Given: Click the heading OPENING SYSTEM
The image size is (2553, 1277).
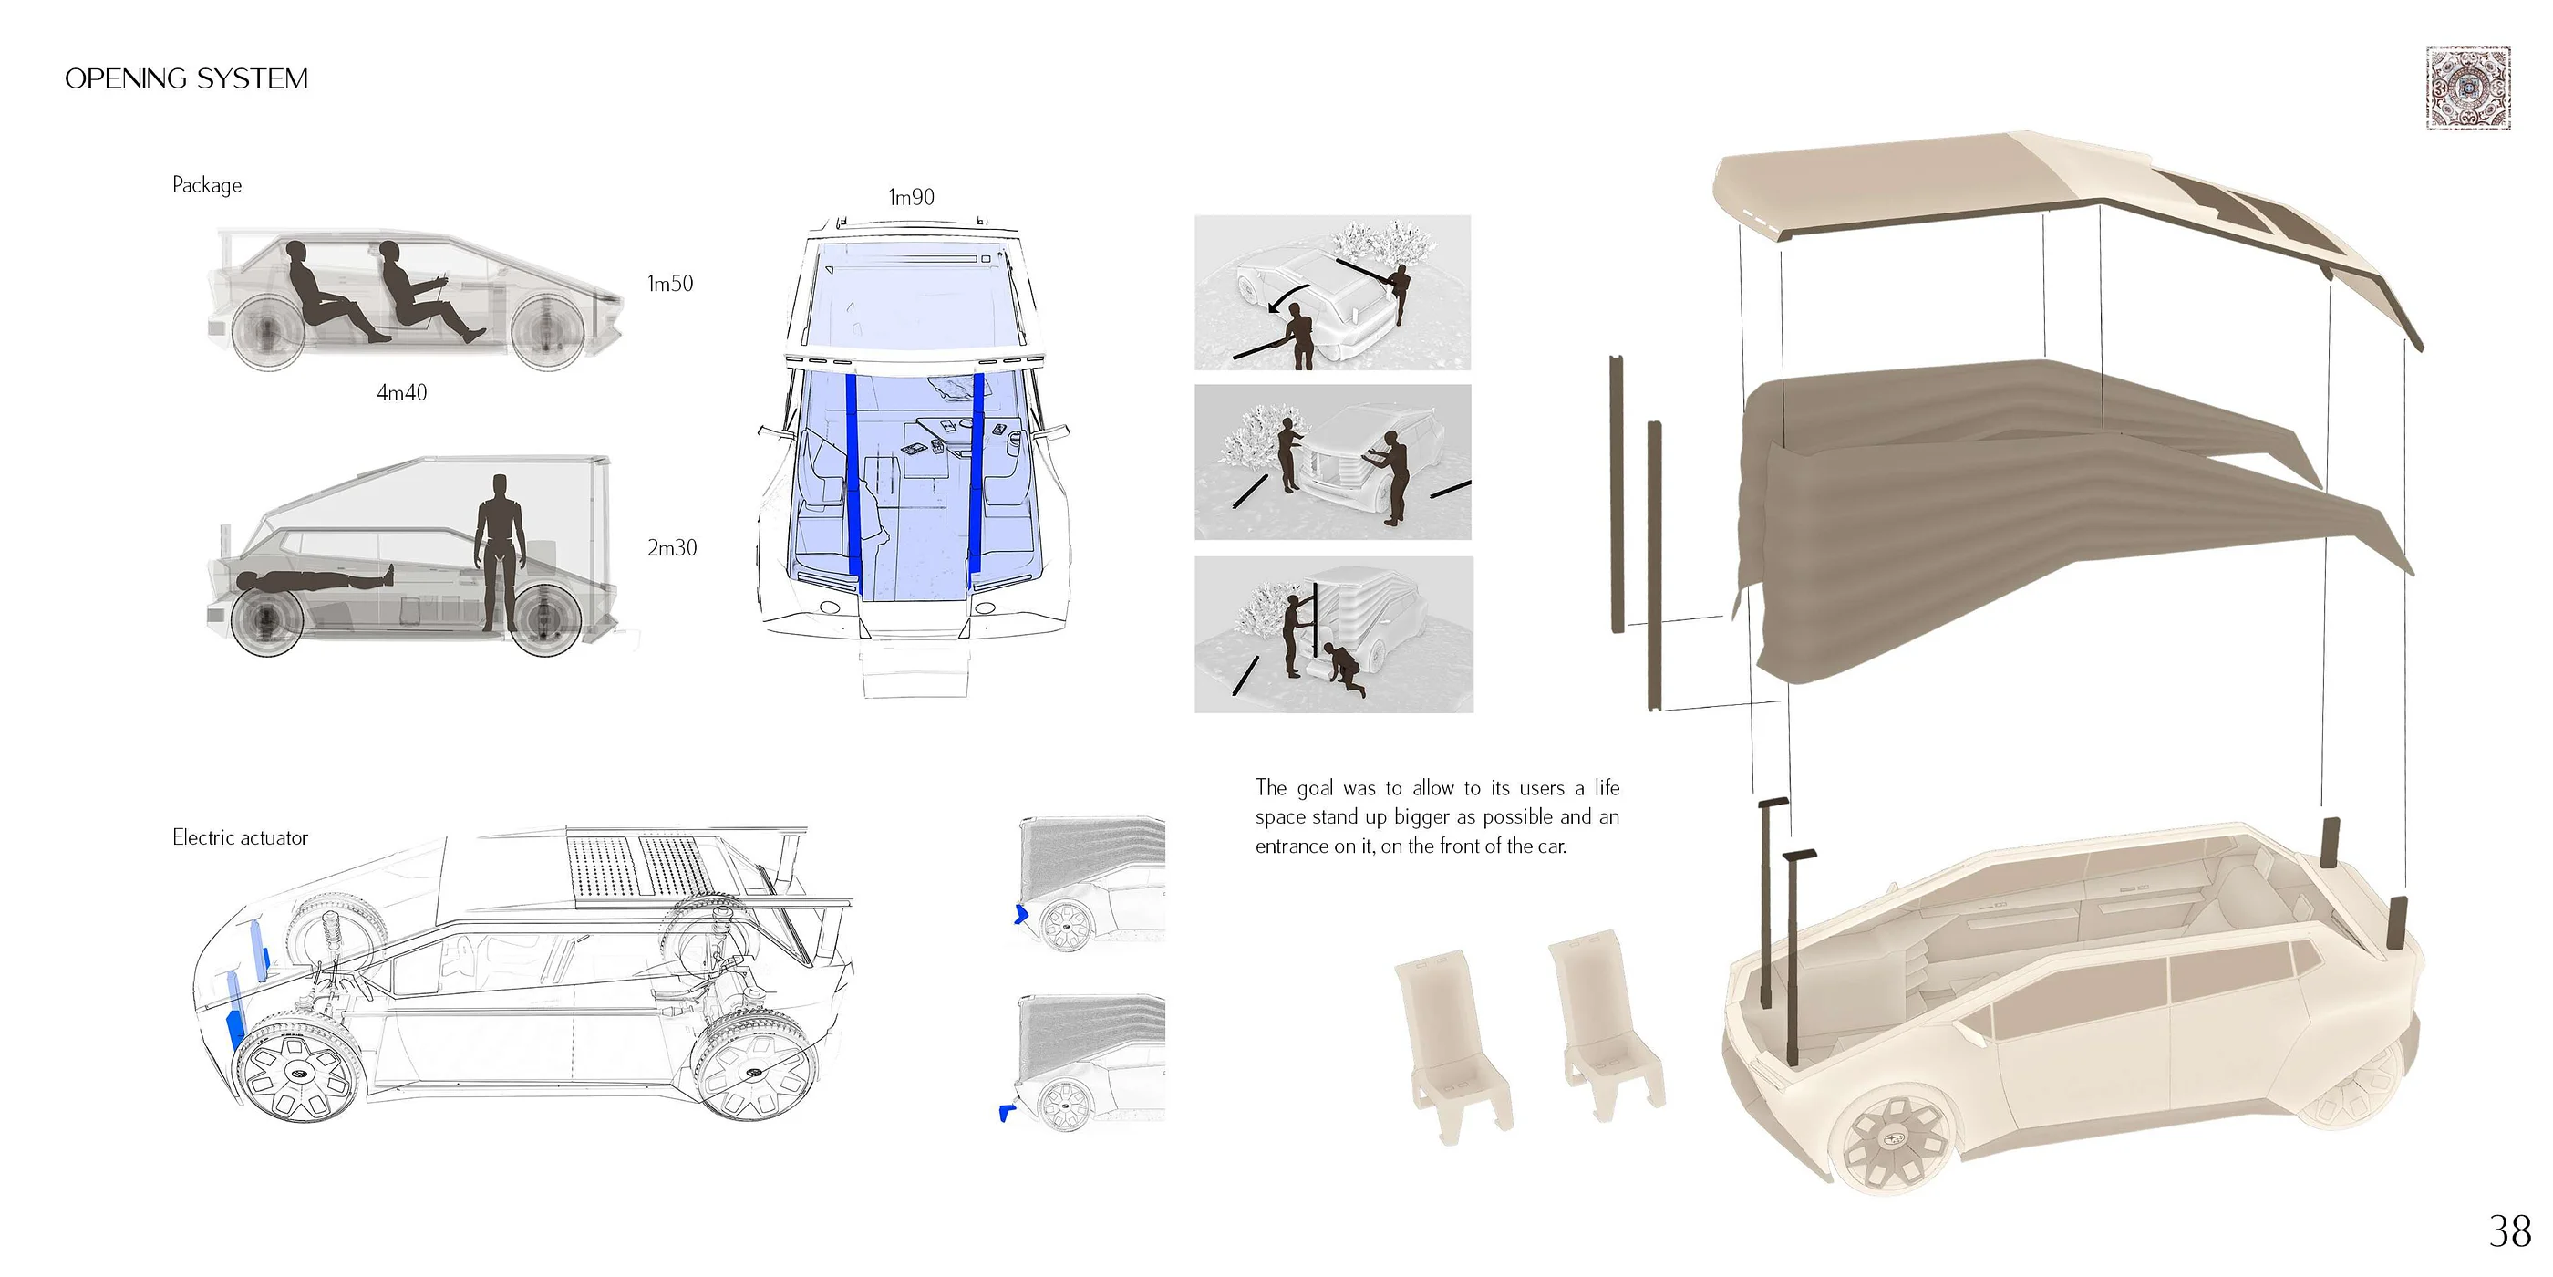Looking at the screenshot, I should (x=186, y=78).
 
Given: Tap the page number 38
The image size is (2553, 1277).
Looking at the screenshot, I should (x=2509, y=1231).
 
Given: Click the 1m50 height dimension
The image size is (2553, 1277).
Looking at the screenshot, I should (x=670, y=284).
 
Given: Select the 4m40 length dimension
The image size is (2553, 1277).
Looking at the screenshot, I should (x=401, y=392).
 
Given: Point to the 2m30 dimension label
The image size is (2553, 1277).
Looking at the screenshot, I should (x=672, y=548).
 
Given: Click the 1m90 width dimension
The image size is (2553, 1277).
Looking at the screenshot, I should (x=911, y=197).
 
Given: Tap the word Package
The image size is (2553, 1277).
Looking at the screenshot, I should (x=206, y=185).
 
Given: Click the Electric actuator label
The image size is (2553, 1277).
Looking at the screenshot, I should (x=240, y=837).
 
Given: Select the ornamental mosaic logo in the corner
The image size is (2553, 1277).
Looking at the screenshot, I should (x=2468, y=88).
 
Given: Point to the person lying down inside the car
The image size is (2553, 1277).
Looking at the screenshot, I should (x=312, y=581).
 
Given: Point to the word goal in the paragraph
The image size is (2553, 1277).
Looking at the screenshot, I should (x=1315, y=788).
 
